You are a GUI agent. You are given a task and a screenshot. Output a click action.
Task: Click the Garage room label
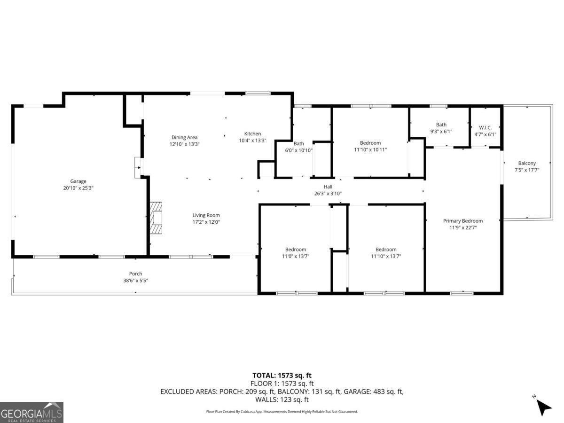(x=78, y=181)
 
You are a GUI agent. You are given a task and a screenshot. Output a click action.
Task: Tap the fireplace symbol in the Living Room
(x=157, y=218)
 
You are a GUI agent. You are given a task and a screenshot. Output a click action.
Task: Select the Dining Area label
(x=184, y=137)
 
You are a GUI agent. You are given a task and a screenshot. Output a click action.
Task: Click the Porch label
(x=135, y=274)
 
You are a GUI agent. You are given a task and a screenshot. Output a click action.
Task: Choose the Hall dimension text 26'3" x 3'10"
(x=328, y=193)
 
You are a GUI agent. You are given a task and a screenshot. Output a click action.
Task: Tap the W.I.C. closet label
(x=485, y=127)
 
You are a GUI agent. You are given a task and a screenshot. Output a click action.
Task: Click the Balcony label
(x=527, y=163)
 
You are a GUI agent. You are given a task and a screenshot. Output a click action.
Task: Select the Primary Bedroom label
(x=462, y=220)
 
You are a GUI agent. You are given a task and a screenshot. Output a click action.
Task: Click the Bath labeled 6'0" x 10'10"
(x=299, y=144)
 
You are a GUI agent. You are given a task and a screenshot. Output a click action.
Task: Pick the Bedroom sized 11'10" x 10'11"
(x=370, y=143)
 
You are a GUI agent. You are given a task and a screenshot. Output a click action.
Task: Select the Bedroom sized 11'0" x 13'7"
(x=295, y=250)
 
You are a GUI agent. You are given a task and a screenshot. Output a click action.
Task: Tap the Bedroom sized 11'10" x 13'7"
(x=385, y=250)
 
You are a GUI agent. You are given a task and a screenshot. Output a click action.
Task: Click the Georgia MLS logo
(x=31, y=412)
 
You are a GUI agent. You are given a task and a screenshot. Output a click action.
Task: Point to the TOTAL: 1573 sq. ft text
(x=282, y=376)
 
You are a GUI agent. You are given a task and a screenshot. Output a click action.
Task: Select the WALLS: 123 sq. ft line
(x=282, y=399)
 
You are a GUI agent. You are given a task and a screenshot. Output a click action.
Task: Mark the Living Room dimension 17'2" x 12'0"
(x=206, y=222)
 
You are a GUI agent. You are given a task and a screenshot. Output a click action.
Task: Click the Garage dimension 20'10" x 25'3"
(x=78, y=188)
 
